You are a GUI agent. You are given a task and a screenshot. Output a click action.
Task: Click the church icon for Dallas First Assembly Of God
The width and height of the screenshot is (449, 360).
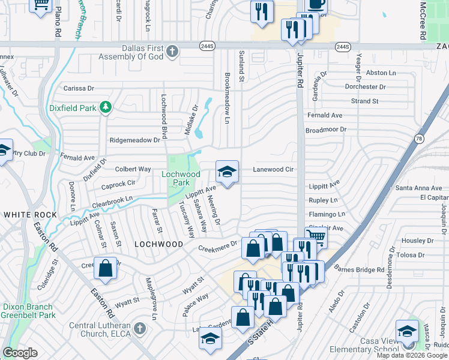172,50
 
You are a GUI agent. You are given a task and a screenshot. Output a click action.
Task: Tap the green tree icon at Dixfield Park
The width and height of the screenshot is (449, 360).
106,107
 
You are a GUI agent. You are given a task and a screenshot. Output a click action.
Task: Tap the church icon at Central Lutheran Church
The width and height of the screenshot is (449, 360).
139,329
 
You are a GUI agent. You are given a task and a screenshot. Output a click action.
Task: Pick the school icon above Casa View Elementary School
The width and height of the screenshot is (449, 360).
407,332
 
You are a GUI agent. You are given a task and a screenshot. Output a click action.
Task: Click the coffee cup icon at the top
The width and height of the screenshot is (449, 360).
316,5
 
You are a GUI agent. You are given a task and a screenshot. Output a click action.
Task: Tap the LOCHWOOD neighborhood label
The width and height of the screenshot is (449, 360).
158,244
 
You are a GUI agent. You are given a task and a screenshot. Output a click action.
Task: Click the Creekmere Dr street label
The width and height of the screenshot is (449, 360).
218,247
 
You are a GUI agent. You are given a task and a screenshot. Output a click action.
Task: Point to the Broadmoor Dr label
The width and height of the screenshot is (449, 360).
327,129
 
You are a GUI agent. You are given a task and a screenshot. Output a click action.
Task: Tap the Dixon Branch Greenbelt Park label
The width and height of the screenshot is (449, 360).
29,310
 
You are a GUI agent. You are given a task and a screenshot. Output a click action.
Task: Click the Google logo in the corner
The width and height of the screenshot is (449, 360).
20,353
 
